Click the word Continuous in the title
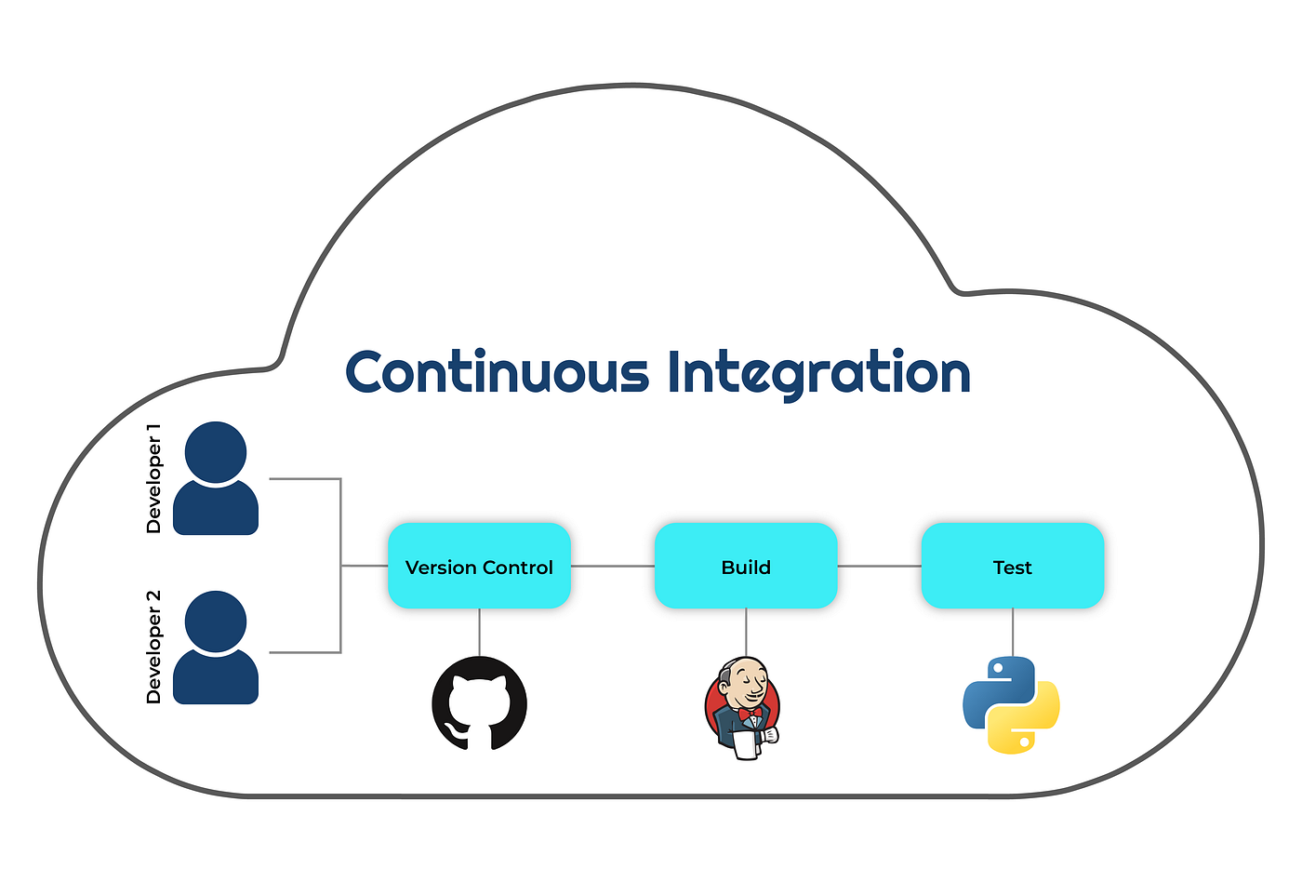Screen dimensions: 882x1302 (x=497, y=373)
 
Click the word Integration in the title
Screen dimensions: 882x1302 (x=818, y=373)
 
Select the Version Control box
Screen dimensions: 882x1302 (x=479, y=566)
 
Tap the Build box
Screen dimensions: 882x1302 (x=746, y=566)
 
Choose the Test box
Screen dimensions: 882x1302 (x=1012, y=566)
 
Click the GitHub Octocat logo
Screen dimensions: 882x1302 (x=479, y=703)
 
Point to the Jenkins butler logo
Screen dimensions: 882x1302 (x=743, y=707)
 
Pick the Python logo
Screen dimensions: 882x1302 (x=1011, y=705)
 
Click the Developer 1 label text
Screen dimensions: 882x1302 (x=153, y=478)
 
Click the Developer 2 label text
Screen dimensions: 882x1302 (x=153, y=647)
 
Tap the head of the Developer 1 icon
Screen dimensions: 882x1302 (x=216, y=452)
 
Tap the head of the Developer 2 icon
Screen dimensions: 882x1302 (x=216, y=621)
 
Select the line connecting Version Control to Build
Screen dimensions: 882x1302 (x=612, y=566)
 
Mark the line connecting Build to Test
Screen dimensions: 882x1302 (x=879, y=566)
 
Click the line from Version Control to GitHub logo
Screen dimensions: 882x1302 (x=479, y=632)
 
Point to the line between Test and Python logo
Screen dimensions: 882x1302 (x=1013, y=632)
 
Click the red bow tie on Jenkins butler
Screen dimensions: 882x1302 (x=751, y=714)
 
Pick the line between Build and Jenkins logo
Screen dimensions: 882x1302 (x=746, y=632)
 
